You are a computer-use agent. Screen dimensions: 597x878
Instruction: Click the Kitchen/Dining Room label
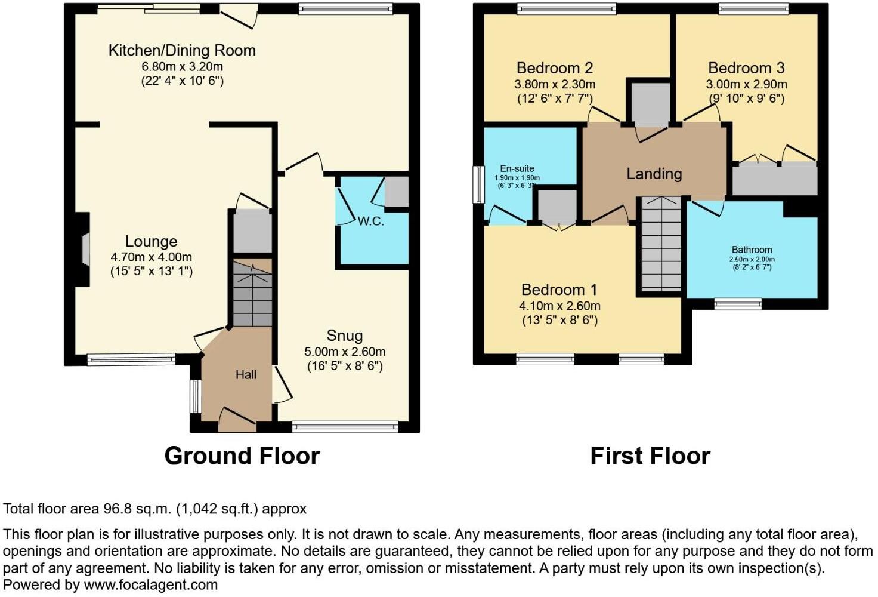tap(182, 51)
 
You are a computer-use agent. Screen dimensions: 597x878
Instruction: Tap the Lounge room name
tap(151, 242)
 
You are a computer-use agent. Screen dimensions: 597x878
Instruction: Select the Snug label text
tap(344, 336)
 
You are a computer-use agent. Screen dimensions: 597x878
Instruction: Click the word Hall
tap(246, 375)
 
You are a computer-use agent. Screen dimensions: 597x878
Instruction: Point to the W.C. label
tap(370, 221)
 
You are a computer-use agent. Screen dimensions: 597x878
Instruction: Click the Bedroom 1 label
tap(559, 290)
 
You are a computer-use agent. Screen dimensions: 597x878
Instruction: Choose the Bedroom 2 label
tap(555, 68)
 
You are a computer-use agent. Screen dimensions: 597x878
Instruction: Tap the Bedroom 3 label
tap(746, 68)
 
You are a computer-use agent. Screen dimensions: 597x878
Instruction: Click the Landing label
tap(654, 174)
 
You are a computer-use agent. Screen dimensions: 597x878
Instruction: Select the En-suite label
tap(517, 169)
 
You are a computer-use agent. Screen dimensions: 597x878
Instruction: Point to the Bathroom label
tap(752, 250)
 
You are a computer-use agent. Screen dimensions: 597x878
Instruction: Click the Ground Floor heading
tap(242, 456)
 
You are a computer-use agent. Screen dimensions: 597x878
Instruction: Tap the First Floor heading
tap(650, 456)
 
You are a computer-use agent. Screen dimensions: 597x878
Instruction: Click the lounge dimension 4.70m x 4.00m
tap(151, 257)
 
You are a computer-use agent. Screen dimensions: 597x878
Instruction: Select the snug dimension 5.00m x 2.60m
tap(344, 352)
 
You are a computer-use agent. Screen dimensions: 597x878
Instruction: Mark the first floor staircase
tap(661, 245)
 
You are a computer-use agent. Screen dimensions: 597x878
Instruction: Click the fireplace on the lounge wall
tap(84, 248)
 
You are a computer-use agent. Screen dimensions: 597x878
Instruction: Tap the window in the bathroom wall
tap(738, 304)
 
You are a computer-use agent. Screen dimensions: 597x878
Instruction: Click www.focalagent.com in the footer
tap(150, 585)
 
